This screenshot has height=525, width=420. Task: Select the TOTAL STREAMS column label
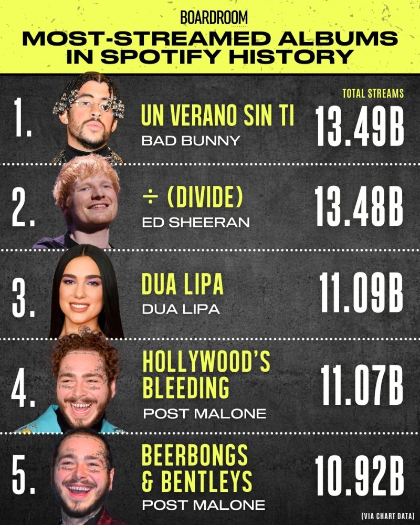(373, 94)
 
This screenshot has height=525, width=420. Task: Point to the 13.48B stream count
(360, 206)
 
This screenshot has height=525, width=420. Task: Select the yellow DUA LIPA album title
(182, 285)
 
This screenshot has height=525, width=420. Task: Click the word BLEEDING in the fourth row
(185, 388)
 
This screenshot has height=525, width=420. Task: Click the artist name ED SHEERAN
(195, 223)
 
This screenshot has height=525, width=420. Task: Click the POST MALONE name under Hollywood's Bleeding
(204, 413)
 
